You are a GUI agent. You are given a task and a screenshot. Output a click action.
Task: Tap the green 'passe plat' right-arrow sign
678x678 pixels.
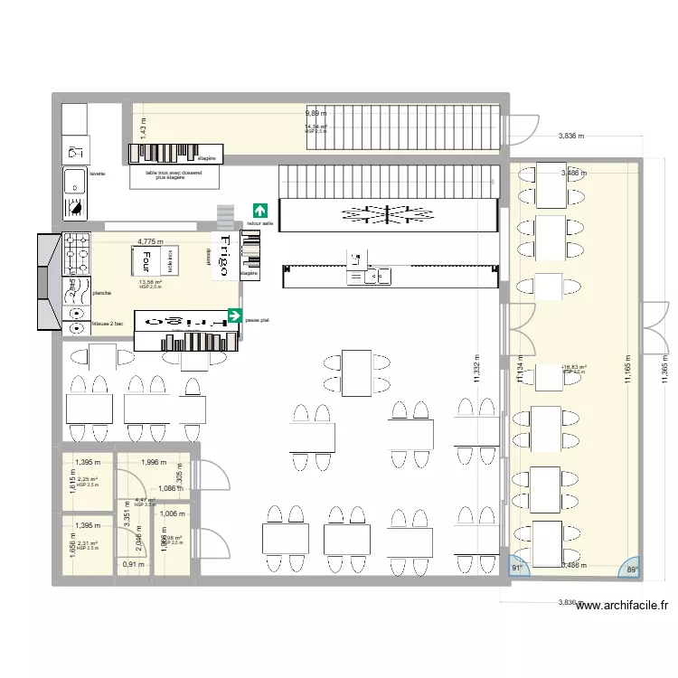[235, 316]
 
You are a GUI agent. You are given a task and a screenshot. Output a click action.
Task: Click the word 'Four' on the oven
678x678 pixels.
[143, 261]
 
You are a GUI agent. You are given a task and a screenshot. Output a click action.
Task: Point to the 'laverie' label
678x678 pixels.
[98, 173]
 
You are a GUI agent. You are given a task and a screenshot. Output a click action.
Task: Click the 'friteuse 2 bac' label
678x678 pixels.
[109, 323]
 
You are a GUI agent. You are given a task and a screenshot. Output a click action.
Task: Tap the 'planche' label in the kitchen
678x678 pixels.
[102, 293]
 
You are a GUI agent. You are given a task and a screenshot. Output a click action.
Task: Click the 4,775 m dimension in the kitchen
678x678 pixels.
[149, 242]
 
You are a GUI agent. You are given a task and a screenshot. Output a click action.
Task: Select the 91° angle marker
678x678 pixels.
[518, 569]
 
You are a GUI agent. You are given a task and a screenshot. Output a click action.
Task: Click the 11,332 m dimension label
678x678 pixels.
[476, 371]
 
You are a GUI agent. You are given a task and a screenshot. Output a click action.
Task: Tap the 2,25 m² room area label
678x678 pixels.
[88, 480]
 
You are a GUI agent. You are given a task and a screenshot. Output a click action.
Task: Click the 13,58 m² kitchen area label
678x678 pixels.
[150, 282]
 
